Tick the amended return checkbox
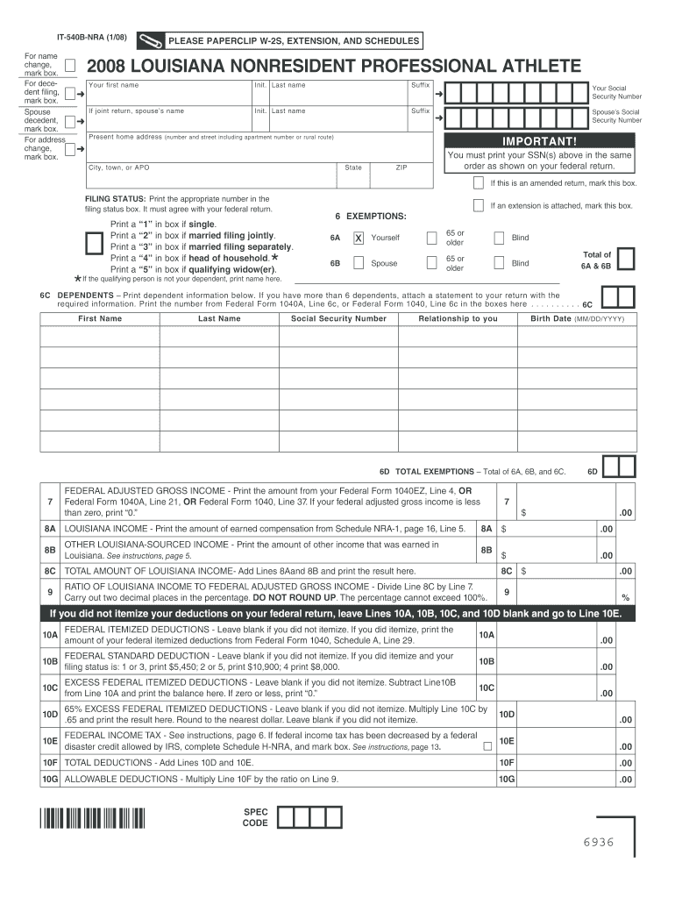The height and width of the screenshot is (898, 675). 478,183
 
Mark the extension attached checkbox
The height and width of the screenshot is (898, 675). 478,205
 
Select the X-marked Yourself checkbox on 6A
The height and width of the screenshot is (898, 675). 359,238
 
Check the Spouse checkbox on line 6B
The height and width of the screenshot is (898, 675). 359,263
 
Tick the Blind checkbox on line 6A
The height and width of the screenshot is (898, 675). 498,238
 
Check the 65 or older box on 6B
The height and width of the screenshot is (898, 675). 430,263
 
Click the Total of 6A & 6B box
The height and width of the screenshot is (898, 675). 626,260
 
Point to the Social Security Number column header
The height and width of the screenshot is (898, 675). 338,318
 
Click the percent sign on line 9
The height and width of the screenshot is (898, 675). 625,598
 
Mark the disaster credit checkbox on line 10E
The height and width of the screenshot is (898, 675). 487,746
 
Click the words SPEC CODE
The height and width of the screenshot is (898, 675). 255,818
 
